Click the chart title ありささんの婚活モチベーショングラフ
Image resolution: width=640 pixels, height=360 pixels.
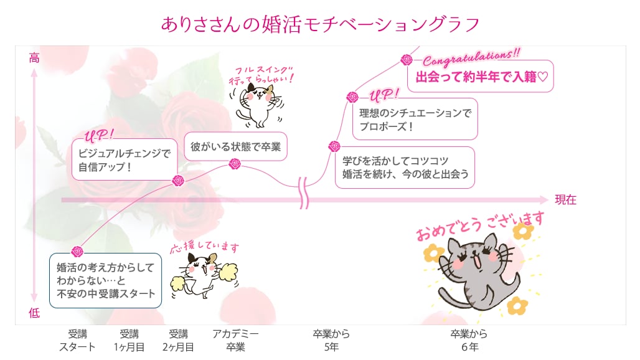click(320, 24)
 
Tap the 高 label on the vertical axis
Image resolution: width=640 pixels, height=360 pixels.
click(34, 58)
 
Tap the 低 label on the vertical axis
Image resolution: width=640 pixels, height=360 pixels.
click(34, 313)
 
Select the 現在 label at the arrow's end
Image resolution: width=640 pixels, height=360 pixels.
click(565, 199)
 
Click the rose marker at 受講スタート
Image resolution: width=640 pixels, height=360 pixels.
click(77, 252)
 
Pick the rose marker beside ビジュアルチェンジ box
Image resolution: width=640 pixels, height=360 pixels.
click(178, 181)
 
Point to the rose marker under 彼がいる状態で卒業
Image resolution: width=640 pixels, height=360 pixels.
click(235, 164)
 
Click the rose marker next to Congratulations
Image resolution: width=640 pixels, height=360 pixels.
click(407, 60)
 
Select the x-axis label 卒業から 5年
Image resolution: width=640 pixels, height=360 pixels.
click(331, 341)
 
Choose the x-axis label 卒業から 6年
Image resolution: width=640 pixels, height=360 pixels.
click(469, 341)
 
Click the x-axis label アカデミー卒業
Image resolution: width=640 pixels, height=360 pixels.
click(235, 341)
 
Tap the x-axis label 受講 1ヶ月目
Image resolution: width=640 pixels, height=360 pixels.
click(129, 341)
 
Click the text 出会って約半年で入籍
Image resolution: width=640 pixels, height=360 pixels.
click(476, 77)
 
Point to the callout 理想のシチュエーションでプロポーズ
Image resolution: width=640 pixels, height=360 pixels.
click(415, 119)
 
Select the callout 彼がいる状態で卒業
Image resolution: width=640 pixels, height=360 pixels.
click(235, 146)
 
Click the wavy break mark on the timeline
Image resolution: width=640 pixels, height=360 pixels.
click(304, 193)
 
